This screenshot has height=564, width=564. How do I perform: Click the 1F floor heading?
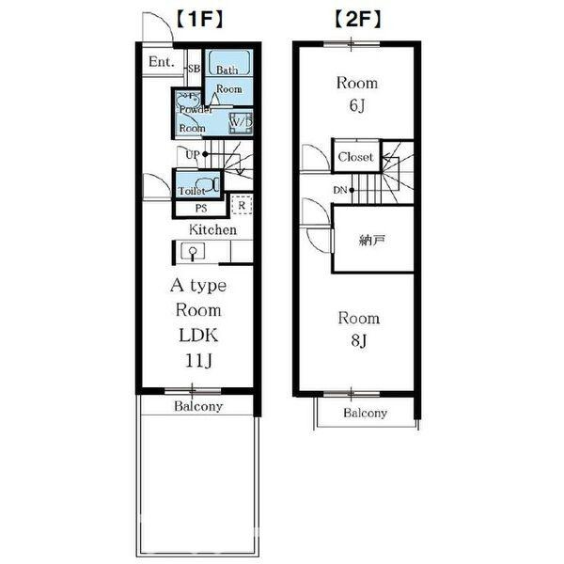pos(200,19)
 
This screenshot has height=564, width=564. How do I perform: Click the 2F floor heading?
pos(357,19)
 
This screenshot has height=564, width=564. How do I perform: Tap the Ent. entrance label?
pos(162,62)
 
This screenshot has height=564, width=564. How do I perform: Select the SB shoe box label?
pos(195,69)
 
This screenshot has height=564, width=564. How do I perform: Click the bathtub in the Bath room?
pos(229,63)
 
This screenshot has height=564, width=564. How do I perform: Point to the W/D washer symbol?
pos(241,122)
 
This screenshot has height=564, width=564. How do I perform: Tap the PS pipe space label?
pos(201,209)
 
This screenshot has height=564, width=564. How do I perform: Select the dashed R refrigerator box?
pos(242,205)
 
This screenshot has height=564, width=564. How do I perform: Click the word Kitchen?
pos(213,230)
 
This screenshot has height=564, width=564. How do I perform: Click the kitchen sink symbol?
pos(193,251)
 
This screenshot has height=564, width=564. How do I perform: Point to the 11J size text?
pos(199,360)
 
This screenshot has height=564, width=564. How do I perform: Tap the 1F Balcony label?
pos(198,406)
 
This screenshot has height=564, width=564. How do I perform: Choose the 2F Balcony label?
pos(365,413)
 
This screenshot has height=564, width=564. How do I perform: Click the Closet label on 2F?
pos(355,157)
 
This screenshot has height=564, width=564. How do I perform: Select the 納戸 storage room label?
pos(372,240)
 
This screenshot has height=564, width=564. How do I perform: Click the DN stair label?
pos(340,190)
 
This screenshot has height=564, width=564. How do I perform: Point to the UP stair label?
pos(193,155)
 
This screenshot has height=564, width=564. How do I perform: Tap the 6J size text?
pos(357,105)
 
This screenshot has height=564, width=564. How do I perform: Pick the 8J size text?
pos(359,340)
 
